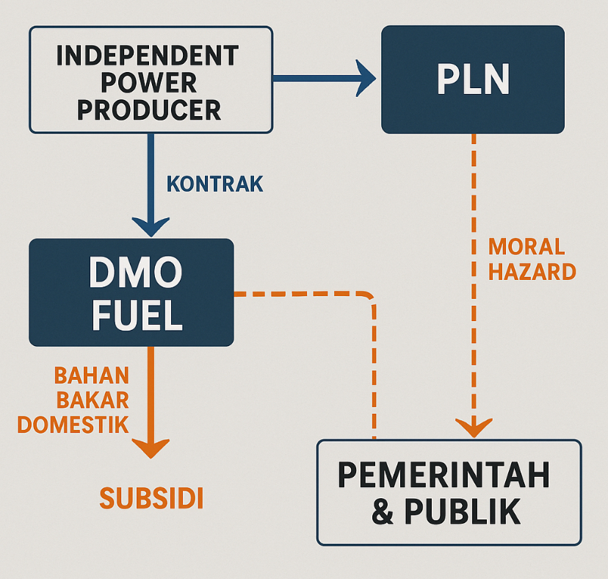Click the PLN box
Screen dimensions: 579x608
[473, 79]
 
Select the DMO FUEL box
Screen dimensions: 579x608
[131, 292]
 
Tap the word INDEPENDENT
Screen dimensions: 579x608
[148, 55]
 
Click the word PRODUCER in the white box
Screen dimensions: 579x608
[149, 109]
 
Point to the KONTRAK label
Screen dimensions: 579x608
[214, 184]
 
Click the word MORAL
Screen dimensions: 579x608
[526, 246]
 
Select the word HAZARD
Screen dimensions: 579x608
[532, 272]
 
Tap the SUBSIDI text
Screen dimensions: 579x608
[151, 498]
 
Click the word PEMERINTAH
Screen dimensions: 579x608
[444, 477]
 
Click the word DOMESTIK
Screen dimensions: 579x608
[73, 425]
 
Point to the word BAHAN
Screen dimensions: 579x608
[92, 375]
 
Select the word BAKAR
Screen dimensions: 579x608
[93, 400]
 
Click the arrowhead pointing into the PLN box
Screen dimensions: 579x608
[364, 78]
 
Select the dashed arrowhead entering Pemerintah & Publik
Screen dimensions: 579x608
[474, 427]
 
